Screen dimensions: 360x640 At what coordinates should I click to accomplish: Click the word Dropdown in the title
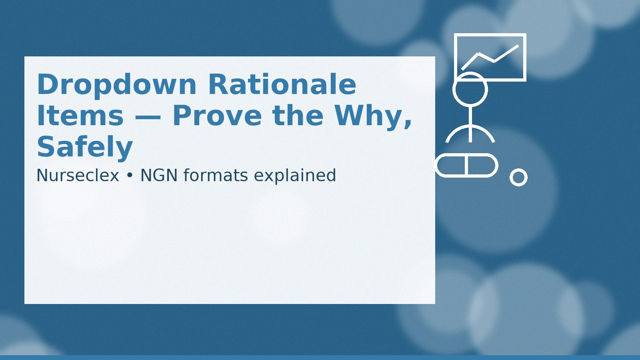[x=116, y=85]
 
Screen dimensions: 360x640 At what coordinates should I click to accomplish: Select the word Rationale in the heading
[x=282, y=85]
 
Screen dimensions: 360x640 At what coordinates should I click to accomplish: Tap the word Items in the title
[x=80, y=116]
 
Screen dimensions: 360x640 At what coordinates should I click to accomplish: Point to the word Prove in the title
[x=217, y=116]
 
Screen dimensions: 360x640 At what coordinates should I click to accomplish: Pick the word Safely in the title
[x=84, y=147]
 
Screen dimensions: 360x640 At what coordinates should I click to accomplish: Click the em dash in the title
[x=148, y=117]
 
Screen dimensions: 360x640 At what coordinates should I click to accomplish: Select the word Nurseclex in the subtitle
[x=78, y=176]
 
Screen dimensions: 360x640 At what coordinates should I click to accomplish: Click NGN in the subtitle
[x=159, y=176]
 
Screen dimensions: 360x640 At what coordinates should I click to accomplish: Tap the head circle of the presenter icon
[x=470, y=89]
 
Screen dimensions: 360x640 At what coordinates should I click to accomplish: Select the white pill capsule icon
[x=466, y=165]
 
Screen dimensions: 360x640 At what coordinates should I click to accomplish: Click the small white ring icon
[x=518, y=177]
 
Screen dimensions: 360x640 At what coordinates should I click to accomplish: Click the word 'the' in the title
[x=298, y=116]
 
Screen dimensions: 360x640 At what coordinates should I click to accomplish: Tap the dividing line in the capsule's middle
[x=466, y=165]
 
